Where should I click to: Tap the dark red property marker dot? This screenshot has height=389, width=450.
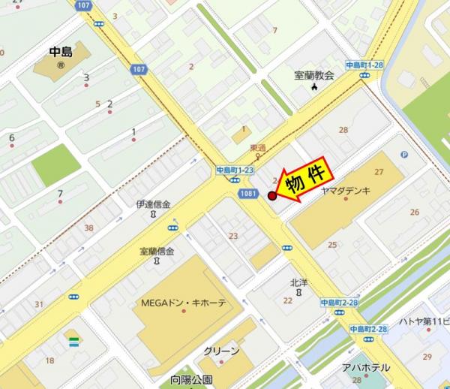coord(272,197)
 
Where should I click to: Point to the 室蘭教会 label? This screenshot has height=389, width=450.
coord(314,75)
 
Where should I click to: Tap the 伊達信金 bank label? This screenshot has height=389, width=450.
coord(154,204)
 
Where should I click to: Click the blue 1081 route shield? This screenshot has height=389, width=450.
coord(252,194)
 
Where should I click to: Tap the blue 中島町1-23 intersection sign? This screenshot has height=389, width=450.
coord(235,170)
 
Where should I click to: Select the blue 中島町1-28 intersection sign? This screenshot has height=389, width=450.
coord(364,65)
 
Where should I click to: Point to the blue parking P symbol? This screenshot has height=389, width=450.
coord(404,155)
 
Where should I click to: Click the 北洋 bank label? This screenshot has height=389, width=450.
coord(299,282)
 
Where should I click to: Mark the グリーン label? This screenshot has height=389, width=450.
coord(221,351)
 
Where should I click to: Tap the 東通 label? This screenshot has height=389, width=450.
coord(258,147)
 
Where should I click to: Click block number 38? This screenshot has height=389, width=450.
coord(89,228)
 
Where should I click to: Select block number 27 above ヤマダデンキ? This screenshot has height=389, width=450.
coord(379,172)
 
